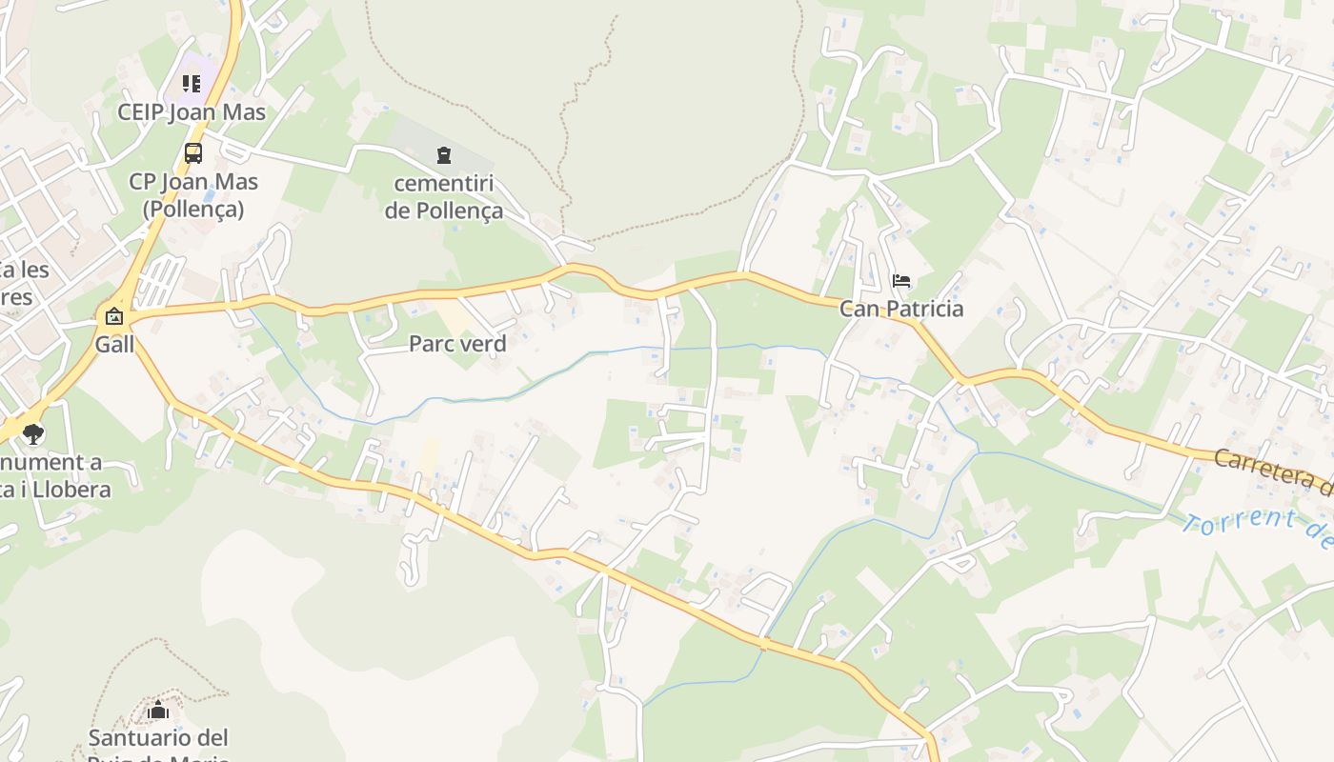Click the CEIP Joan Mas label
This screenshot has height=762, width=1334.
point(192,112)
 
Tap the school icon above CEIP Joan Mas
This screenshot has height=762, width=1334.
point(192,84)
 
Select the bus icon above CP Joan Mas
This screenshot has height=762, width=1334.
point(192,152)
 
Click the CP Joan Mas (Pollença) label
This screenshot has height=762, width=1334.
point(193,195)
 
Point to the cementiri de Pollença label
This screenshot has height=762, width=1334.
point(443,196)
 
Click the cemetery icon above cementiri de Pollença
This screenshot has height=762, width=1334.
point(443,154)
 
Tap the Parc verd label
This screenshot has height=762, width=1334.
point(457,344)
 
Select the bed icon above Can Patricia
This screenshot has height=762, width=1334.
point(900,281)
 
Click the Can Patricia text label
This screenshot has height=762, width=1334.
point(900,309)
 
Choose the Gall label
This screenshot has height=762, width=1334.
point(114,345)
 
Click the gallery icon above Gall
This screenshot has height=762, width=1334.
point(114,316)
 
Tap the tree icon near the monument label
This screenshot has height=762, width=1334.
point(33,434)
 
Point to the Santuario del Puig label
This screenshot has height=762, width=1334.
point(158,738)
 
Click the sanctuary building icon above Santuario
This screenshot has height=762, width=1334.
point(158,711)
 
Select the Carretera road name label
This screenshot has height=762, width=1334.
point(1273,471)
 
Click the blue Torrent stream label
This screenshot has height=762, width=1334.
point(1258,531)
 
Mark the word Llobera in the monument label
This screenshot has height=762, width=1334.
point(74,490)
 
